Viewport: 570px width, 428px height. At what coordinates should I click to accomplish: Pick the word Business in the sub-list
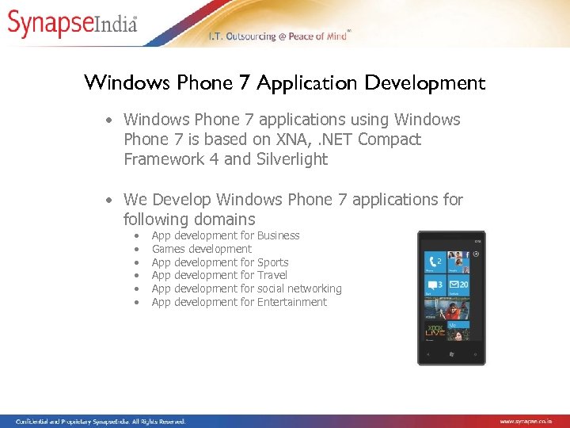279,235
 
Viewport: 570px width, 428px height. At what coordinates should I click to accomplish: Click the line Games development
201,249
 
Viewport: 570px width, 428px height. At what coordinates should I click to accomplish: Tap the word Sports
273,262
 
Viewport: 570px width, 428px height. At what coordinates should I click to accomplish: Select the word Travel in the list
272,275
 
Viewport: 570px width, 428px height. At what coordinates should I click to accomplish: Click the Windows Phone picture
451,297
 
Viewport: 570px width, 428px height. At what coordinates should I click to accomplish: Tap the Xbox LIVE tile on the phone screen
435,330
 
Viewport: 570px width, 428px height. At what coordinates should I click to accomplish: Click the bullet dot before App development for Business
138,236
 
